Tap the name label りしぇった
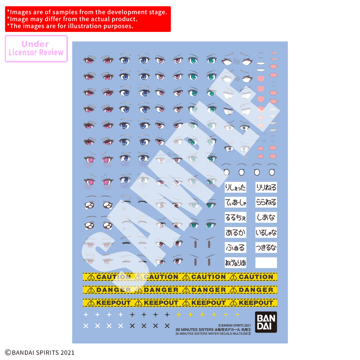[235, 187]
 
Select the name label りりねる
[266, 187]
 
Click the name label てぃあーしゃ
[235, 202]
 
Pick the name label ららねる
[266, 202]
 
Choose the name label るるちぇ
[235, 218]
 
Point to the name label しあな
[266, 218]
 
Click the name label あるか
[235, 233]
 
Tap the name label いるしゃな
[266, 233]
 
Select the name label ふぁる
[235, 248]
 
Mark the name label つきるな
[266, 248]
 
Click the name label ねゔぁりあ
[235, 263]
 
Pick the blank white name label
[266, 263]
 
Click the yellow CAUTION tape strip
[180, 277]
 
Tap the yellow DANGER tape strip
[180, 290]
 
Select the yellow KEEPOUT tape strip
[180, 303]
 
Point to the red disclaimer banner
[88, 19]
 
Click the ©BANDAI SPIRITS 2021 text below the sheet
[40, 353]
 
